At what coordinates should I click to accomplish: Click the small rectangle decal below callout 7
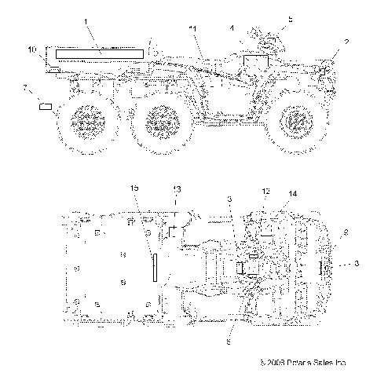[x=46, y=104]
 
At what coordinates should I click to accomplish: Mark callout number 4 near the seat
[x=232, y=29]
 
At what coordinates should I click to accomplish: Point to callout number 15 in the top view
[x=134, y=210]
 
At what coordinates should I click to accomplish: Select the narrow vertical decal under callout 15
[x=155, y=268]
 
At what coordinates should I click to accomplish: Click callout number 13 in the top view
[x=176, y=212]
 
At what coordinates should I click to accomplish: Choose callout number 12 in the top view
[x=265, y=213]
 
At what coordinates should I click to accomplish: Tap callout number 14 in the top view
[x=294, y=215]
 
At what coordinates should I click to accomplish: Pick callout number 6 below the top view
[x=229, y=342]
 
